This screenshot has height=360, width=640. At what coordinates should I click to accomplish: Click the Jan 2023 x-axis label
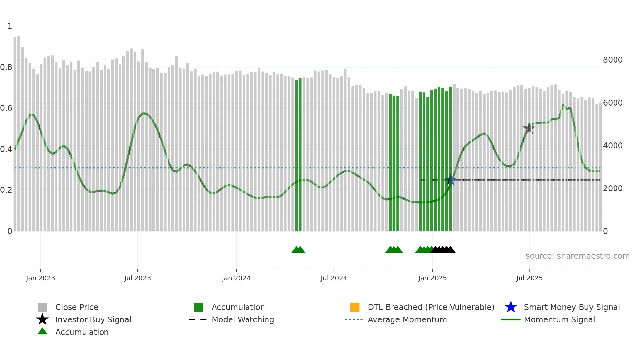tap(40, 278)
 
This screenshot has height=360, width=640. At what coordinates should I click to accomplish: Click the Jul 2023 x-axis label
tap(137, 278)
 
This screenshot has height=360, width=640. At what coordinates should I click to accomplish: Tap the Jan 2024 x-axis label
tap(236, 278)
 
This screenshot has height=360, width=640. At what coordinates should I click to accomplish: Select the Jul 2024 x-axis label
tap(334, 278)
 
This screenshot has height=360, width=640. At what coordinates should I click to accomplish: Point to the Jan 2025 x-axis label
tap(432, 278)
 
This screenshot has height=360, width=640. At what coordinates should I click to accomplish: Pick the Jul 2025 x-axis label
tap(529, 278)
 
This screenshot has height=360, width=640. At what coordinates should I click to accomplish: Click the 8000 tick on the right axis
tap(613, 60)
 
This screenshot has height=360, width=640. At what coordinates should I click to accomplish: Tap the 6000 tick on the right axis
tap(613, 103)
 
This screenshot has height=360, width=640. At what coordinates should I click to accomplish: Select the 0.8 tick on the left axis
tap(6, 67)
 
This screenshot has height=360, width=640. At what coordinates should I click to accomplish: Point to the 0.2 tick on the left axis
tap(6, 190)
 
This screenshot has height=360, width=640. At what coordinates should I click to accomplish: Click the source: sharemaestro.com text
tap(577, 256)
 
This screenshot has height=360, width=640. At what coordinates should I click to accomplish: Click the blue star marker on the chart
tap(450, 180)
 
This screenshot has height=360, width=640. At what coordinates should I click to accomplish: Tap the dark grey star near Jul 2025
tap(529, 128)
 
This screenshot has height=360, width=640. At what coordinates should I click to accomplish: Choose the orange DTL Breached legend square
tap(355, 307)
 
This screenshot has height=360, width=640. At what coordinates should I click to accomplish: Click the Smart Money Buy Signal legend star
tap(511, 307)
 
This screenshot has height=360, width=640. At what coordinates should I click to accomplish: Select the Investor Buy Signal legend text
tap(93, 319)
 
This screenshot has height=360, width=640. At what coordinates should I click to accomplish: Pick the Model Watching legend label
tap(243, 319)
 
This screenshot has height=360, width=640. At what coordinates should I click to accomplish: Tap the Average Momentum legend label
tap(407, 319)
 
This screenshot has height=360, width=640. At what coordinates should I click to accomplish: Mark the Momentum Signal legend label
tap(559, 319)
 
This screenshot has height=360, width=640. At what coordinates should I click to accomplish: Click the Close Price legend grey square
tap(42, 307)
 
